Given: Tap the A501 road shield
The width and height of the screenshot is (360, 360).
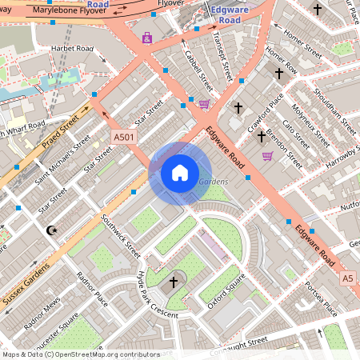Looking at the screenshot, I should coord(124,137).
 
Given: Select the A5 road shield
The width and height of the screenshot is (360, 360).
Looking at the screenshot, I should coord(346,278).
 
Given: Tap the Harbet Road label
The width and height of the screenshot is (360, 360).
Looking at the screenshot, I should coord(71,49).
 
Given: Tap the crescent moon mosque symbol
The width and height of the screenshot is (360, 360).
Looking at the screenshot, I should coord(53,230).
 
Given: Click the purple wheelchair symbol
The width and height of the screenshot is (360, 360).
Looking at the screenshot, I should coord(146,38).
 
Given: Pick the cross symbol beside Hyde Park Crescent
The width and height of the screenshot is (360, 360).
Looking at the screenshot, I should coord(174,282).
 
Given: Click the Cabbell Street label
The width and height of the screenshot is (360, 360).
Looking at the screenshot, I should coord(198,70).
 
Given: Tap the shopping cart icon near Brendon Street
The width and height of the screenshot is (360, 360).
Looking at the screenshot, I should coord(267,156).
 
